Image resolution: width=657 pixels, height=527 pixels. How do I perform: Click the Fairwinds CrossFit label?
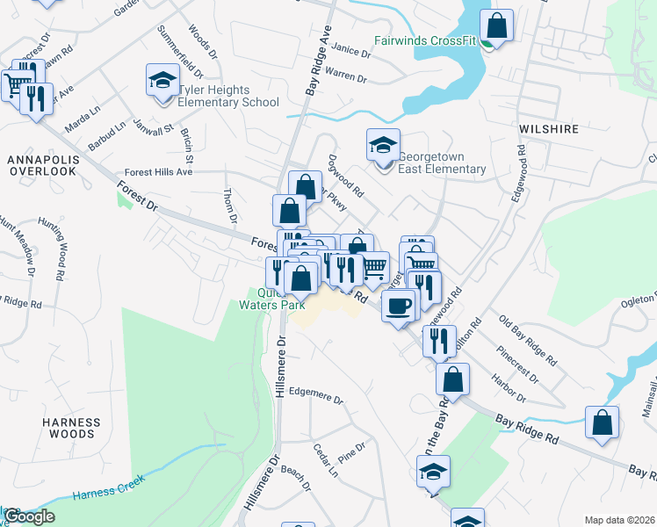click(424, 40)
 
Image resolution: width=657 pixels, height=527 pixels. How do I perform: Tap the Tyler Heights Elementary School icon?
click(162, 81)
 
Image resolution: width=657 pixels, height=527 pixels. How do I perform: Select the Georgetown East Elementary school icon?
click(383, 145)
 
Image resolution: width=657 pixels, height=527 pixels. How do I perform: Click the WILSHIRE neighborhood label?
click(548, 128)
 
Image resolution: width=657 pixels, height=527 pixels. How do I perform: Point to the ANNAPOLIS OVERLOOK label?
click(43, 165)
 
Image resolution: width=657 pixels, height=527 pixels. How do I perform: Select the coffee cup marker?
click(399, 306)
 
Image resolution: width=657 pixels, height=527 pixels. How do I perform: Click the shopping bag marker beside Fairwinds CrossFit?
click(496, 26)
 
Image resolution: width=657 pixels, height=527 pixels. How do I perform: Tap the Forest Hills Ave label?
click(158, 172)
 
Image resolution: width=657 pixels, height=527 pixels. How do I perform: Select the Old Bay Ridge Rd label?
click(527, 341)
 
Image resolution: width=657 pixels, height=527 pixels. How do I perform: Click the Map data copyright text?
click(619, 520)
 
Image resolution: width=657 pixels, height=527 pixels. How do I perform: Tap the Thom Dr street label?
click(231, 204)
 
